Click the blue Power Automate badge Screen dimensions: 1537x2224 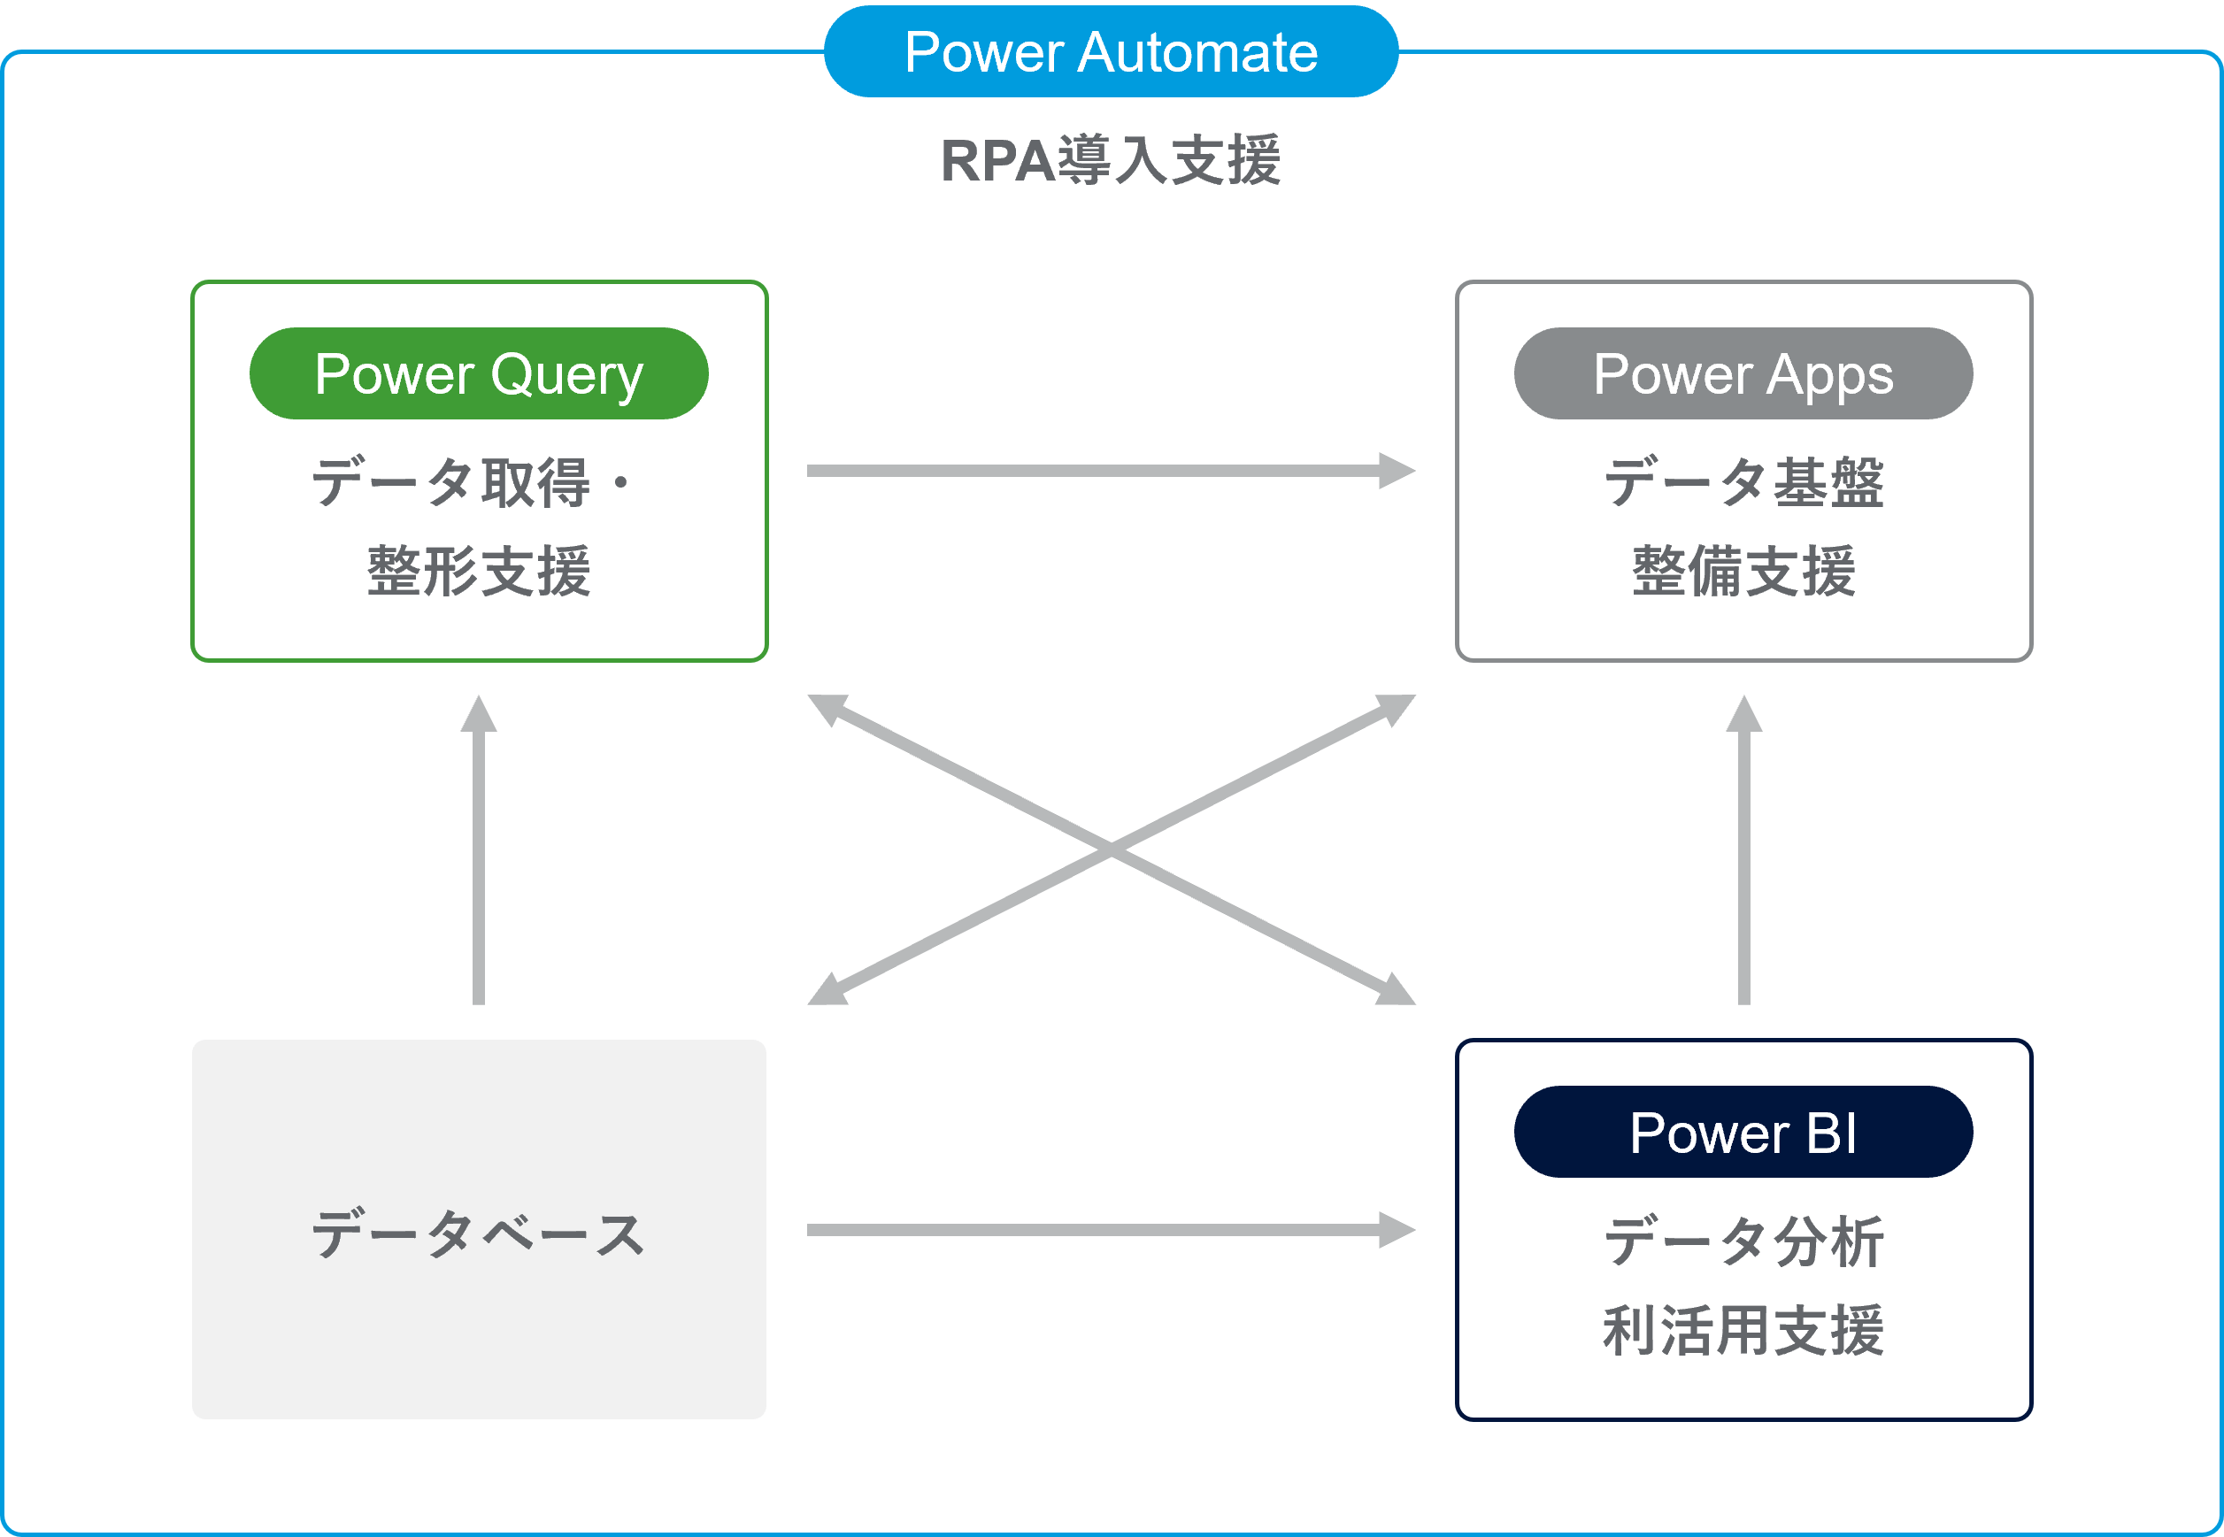tap(1111, 52)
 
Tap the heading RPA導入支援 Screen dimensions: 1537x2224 tap(1111, 161)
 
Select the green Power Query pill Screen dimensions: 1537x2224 tap(479, 373)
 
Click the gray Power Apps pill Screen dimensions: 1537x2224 tap(1743, 373)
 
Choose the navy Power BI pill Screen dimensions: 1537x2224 tap(1743, 1133)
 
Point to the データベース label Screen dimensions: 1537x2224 tap(479, 1234)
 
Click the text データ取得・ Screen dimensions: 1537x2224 tap(471, 482)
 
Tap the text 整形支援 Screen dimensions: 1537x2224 tap(479, 571)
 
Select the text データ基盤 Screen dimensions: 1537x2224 tap(1743, 482)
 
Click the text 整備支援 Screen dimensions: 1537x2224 tap(1743, 571)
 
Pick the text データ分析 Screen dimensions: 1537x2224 tap(1743, 1242)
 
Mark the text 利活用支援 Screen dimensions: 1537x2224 tap(1743, 1331)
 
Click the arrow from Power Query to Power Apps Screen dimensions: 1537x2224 tap(1098, 471)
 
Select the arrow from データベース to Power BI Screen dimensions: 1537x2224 tap(1098, 1230)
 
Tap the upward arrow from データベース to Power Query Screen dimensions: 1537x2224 tap(479, 857)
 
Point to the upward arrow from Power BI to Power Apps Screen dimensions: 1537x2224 tap(1743, 857)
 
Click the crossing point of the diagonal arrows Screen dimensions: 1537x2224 tap(1112, 849)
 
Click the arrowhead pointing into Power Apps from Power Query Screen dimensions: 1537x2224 tap(1397, 471)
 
